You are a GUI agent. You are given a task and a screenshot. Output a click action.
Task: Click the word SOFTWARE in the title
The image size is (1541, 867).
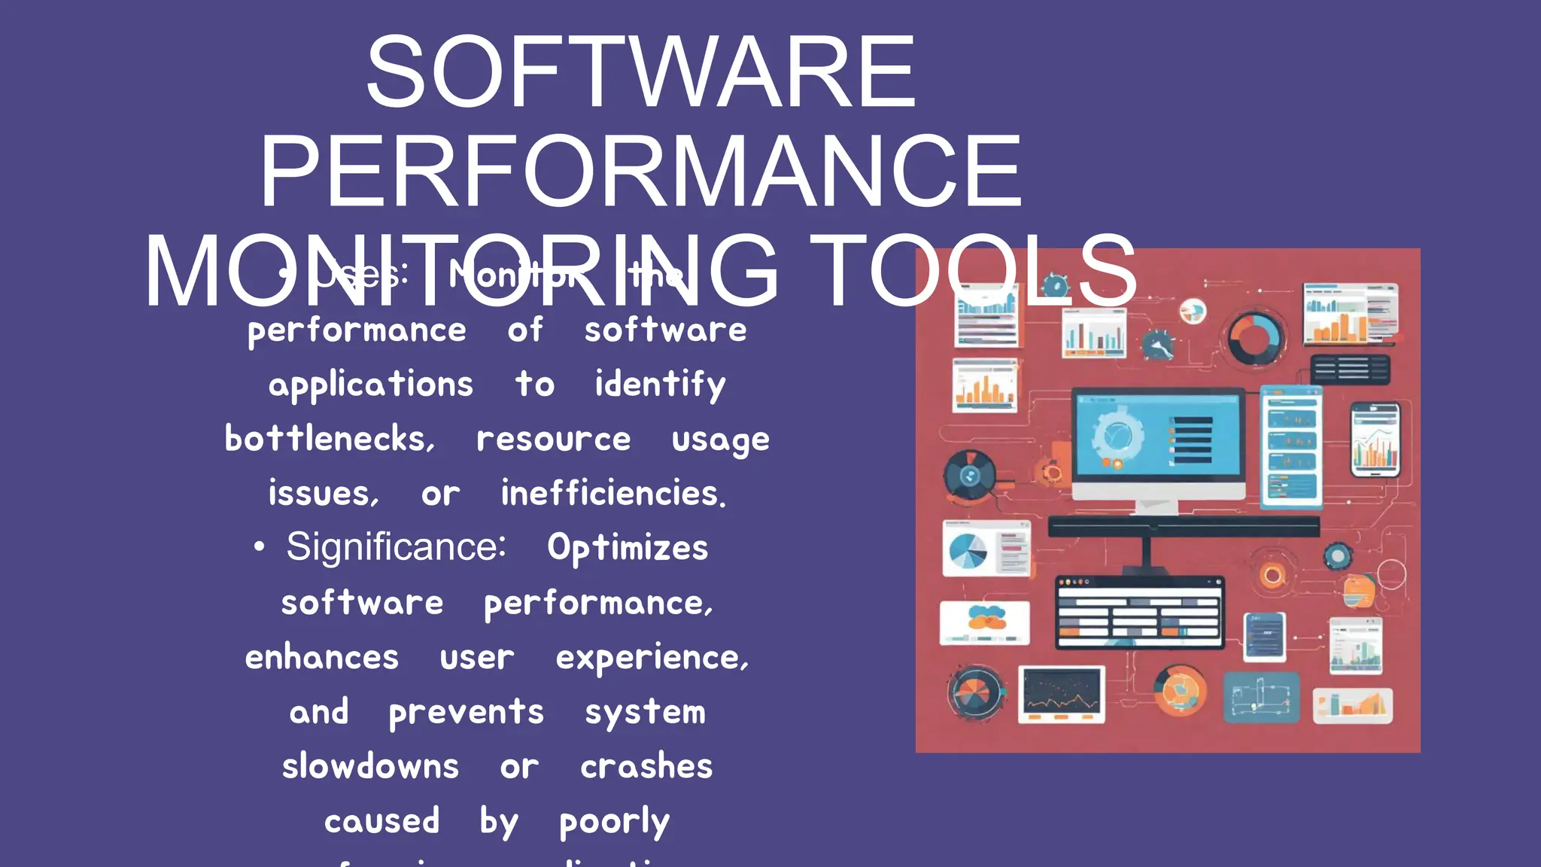pyautogui.click(x=641, y=72)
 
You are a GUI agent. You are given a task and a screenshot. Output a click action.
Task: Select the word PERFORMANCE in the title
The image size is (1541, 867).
pyautogui.click(x=641, y=172)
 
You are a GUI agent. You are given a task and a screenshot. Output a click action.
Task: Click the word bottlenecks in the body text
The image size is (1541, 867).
pyautogui.click(x=330, y=439)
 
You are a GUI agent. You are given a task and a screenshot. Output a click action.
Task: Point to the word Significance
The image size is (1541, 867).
pyautogui.click(x=396, y=546)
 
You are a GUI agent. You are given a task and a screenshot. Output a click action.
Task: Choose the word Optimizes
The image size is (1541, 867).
pyautogui.click(x=628, y=548)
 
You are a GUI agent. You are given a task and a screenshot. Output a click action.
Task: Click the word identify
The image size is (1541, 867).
pyautogui.click(x=660, y=385)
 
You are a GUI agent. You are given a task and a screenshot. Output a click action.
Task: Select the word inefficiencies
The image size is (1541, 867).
pyautogui.click(x=613, y=494)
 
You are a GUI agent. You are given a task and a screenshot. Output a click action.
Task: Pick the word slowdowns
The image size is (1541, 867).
pyautogui.click(x=370, y=767)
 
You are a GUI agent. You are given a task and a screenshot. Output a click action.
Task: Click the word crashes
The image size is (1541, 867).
pyautogui.click(x=646, y=767)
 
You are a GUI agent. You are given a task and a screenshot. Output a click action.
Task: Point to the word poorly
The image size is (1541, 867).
pyautogui.click(x=614, y=822)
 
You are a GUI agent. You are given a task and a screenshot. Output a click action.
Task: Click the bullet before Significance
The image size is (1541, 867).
pyautogui.click(x=259, y=547)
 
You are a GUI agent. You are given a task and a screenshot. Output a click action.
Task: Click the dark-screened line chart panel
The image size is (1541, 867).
pyautogui.click(x=1062, y=693)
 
